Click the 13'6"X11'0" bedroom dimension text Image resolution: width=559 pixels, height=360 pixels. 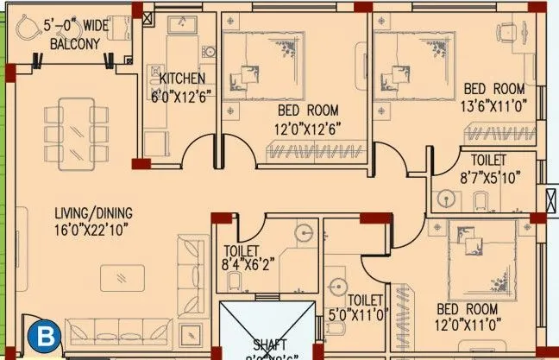494,104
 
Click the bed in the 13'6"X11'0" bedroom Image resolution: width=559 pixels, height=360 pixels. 414,66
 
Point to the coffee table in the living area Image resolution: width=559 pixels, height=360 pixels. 125,278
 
